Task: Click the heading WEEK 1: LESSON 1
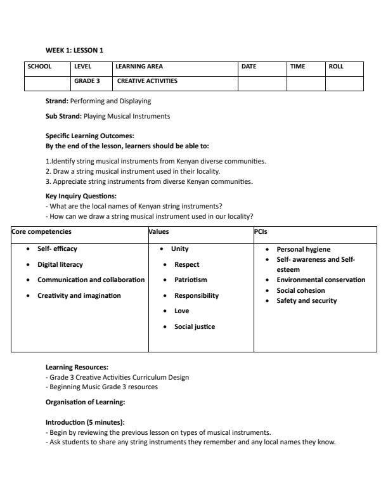point(74,50)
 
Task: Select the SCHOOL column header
point(39,67)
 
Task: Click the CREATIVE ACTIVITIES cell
point(147,81)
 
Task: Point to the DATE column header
point(249,67)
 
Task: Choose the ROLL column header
point(336,67)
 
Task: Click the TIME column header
point(298,67)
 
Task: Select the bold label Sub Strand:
point(63,116)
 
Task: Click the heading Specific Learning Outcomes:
point(90,135)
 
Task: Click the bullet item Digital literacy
point(60,264)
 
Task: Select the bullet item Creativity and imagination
point(79,295)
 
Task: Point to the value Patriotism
point(191,280)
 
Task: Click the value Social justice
point(195,326)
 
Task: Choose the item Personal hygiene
point(303,249)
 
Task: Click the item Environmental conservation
point(321,280)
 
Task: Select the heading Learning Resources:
point(77,367)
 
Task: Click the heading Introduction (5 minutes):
point(85,422)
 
